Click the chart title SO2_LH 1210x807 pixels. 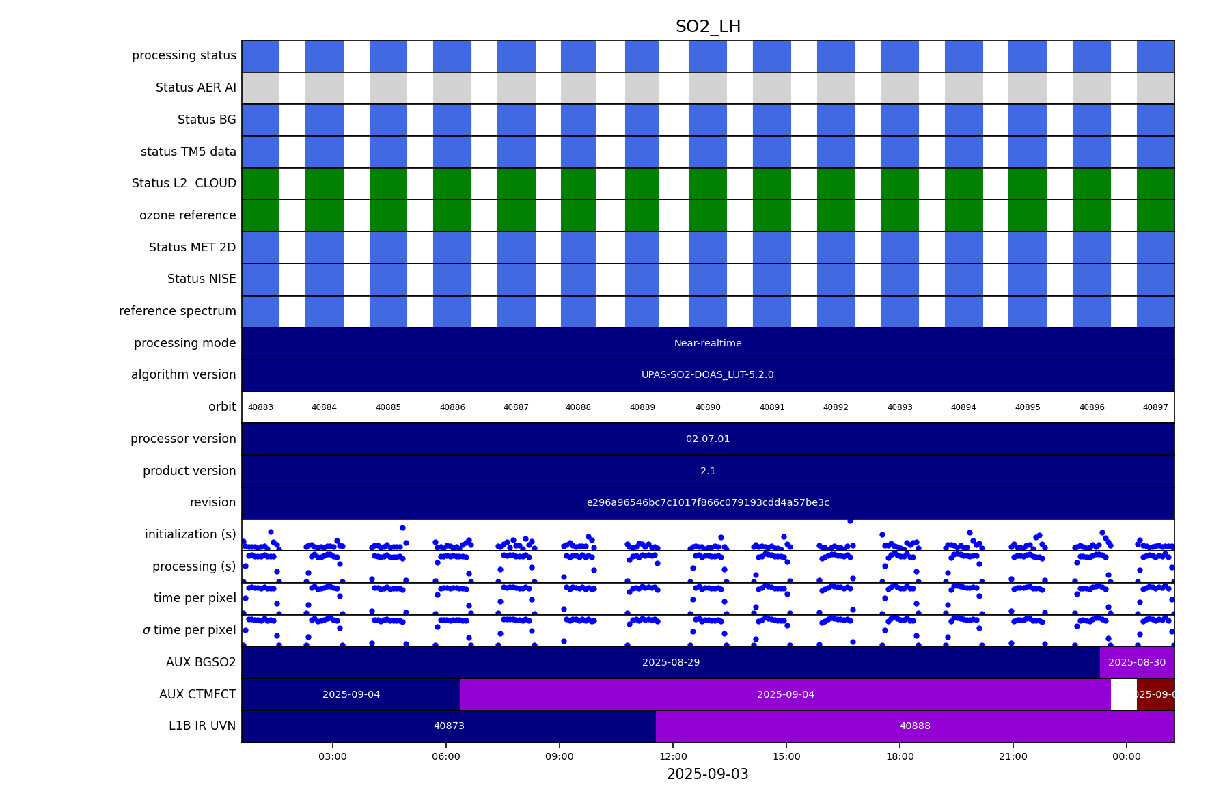click(708, 27)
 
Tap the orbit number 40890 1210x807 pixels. click(708, 407)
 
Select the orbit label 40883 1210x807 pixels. click(260, 407)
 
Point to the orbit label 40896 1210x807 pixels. click(1092, 407)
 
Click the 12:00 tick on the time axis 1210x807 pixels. click(673, 756)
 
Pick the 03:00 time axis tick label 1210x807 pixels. click(333, 756)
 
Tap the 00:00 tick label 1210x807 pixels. click(1126, 756)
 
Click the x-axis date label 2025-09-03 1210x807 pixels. click(708, 774)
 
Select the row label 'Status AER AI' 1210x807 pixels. click(195, 88)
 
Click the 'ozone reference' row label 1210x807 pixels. click(187, 216)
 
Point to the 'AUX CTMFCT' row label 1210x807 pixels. click(197, 695)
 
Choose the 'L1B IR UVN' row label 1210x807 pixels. click(202, 726)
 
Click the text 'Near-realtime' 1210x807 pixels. click(708, 344)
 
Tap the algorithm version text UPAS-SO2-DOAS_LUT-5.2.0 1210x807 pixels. click(708, 375)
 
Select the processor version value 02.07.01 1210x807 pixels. click(708, 439)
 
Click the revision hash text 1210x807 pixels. click(708, 503)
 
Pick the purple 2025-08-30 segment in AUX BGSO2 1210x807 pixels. click(1137, 663)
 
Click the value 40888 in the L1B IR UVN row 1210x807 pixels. click(915, 726)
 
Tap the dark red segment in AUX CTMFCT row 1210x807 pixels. click(1155, 695)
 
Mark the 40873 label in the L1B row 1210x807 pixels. click(449, 726)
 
